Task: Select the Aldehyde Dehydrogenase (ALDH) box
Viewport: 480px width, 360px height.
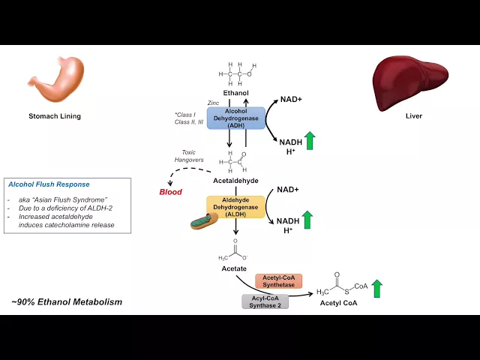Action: pyautogui.click(x=235, y=207)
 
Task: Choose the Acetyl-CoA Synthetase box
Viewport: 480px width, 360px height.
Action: pyautogui.click(x=279, y=280)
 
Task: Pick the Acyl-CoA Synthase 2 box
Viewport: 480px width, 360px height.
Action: pyautogui.click(x=265, y=301)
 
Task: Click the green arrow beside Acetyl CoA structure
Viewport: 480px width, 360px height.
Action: pyautogui.click(x=376, y=289)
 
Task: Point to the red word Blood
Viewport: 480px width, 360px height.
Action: pyautogui.click(x=171, y=192)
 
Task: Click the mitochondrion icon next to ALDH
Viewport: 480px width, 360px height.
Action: pyautogui.click(x=203, y=220)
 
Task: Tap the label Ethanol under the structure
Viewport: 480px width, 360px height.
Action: pyautogui.click(x=236, y=93)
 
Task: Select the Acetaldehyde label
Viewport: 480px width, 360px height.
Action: pyautogui.click(x=237, y=181)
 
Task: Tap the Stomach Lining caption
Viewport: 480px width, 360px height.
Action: pyautogui.click(x=55, y=117)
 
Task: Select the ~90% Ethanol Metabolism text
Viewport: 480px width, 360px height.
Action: pyautogui.click(x=67, y=302)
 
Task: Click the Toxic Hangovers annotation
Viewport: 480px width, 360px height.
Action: pyautogui.click(x=183, y=157)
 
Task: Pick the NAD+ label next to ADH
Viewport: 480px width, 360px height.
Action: pyautogui.click(x=292, y=99)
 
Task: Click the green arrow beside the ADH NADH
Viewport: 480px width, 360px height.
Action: pyautogui.click(x=310, y=140)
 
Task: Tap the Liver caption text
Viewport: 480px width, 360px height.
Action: pyautogui.click(x=414, y=117)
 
